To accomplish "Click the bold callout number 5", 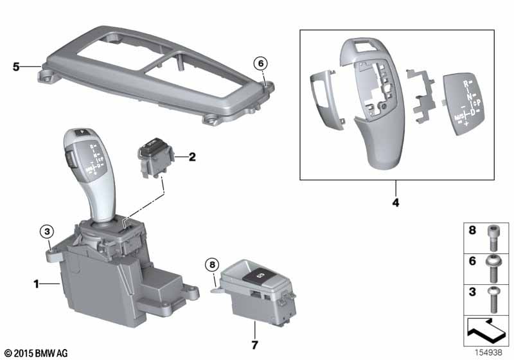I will click(x=17, y=66).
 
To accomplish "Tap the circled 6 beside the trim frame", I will click(x=261, y=63).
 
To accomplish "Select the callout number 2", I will click(x=191, y=157).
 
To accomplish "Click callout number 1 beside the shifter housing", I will click(x=37, y=283).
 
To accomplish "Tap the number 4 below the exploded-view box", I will click(x=395, y=203).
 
